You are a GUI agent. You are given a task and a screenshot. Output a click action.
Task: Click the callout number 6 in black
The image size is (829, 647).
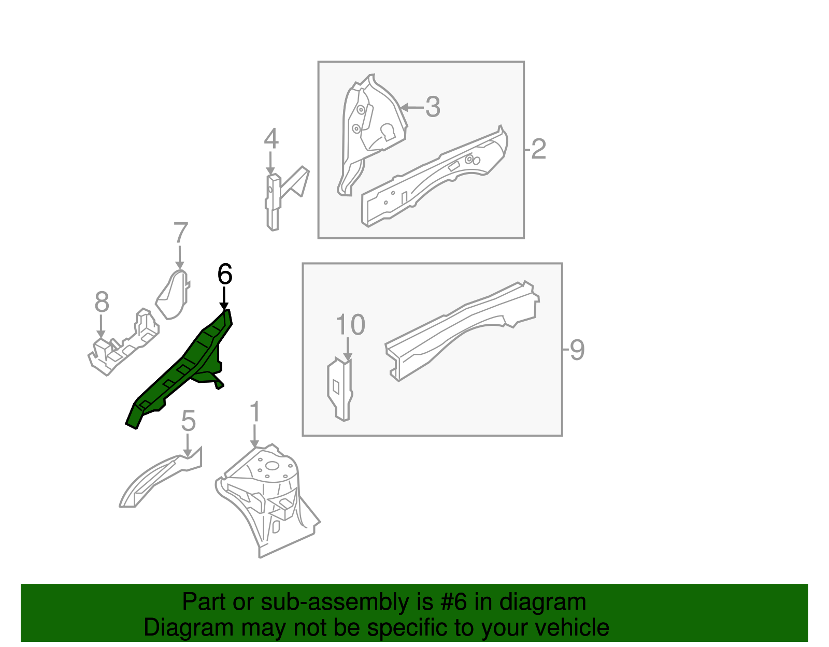coord(224,274)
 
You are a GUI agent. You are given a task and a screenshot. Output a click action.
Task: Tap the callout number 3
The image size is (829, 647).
coord(433,107)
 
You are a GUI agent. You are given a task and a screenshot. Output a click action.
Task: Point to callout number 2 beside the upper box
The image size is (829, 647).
coord(538,149)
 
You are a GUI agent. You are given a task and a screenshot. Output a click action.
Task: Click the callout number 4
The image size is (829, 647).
coord(271,139)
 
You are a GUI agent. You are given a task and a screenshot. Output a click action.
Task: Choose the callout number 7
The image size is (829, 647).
coord(180,233)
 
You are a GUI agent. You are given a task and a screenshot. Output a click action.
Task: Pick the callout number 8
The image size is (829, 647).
coord(102,302)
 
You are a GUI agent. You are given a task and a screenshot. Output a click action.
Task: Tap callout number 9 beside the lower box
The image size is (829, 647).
coord(577,350)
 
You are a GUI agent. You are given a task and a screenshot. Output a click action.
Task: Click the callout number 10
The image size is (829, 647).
coord(350,325)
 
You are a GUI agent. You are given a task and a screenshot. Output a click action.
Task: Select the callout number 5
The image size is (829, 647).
coord(188,421)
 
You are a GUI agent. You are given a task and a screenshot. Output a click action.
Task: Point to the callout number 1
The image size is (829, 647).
coord(254,412)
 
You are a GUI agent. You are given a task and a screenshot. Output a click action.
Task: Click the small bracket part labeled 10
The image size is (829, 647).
coord(340,389)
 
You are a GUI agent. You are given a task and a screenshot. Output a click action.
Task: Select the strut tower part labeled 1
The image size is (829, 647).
coord(269,497)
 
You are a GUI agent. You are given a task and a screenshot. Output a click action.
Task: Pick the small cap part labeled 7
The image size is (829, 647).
coord(173,295)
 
